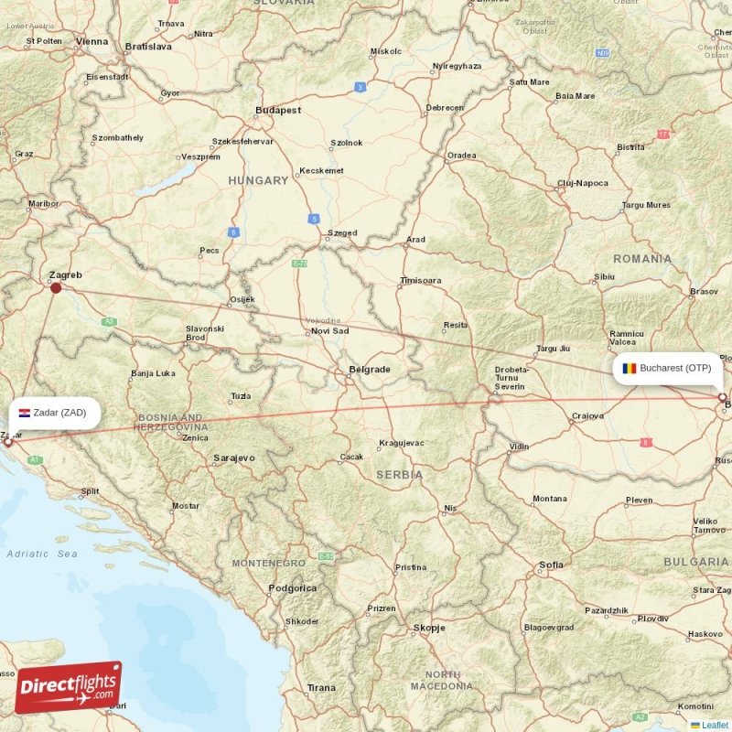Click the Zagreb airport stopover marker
[x=56, y=287]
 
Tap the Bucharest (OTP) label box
[x=667, y=369]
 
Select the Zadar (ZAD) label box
[x=54, y=413]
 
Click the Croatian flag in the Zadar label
[x=25, y=413]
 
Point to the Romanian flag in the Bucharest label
[x=630, y=369]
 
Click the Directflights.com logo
[x=68, y=687]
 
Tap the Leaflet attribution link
[x=715, y=725]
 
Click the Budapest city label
[x=278, y=110]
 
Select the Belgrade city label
[x=370, y=370]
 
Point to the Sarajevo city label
[x=234, y=457]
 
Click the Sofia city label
[x=552, y=565]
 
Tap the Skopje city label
[x=429, y=628]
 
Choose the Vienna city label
[x=92, y=41]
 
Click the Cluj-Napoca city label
[x=583, y=183]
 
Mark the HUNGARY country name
[x=258, y=180]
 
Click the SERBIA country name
[x=400, y=475]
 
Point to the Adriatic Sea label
[x=42, y=554]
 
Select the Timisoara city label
[x=421, y=281]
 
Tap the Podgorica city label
[x=293, y=588]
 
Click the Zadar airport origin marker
[x=9, y=441]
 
